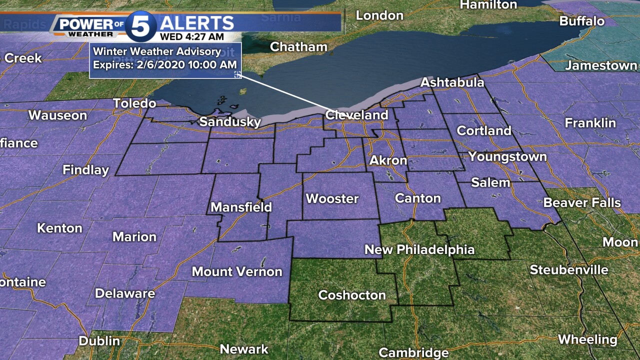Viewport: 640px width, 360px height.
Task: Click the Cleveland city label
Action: (x=356, y=115)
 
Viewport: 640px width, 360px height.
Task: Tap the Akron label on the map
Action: (x=388, y=161)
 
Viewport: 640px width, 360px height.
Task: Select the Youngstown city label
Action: (x=507, y=157)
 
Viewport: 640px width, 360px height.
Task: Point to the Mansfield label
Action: (x=241, y=207)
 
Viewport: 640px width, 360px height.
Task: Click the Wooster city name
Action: (x=332, y=198)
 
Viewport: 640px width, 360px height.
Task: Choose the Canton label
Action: (x=417, y=198)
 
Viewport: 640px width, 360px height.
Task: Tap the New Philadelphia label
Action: (x=419, y=249)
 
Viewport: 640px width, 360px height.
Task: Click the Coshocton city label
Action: (x=352, y=295)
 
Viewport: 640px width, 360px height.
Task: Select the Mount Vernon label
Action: (x=237, y=271)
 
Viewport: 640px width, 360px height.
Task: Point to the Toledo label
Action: (x=134, y=103)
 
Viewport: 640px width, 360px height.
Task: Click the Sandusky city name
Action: (x=230, y=122)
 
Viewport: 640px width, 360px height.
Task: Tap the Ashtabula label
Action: (x=452, y=82)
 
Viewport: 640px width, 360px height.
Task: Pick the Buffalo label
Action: (x=581, y=21)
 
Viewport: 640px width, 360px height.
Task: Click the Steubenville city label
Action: (x=569, y=270)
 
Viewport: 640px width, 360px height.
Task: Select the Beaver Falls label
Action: (x=582, y=202)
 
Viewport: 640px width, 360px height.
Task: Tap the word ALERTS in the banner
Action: (x=197, y=23)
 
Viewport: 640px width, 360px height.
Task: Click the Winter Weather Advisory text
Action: (x=157, y=51)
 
